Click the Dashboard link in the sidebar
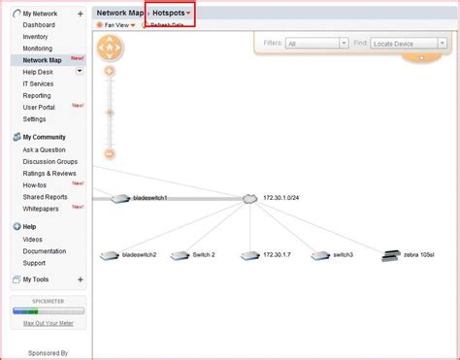[39, 25]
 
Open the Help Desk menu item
[39, 71]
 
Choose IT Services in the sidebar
[40, 83]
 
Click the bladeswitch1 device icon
[119, 198]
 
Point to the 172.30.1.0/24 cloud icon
[249, 198]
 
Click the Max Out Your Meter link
[48, 322]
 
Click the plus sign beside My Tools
[80, 279]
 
